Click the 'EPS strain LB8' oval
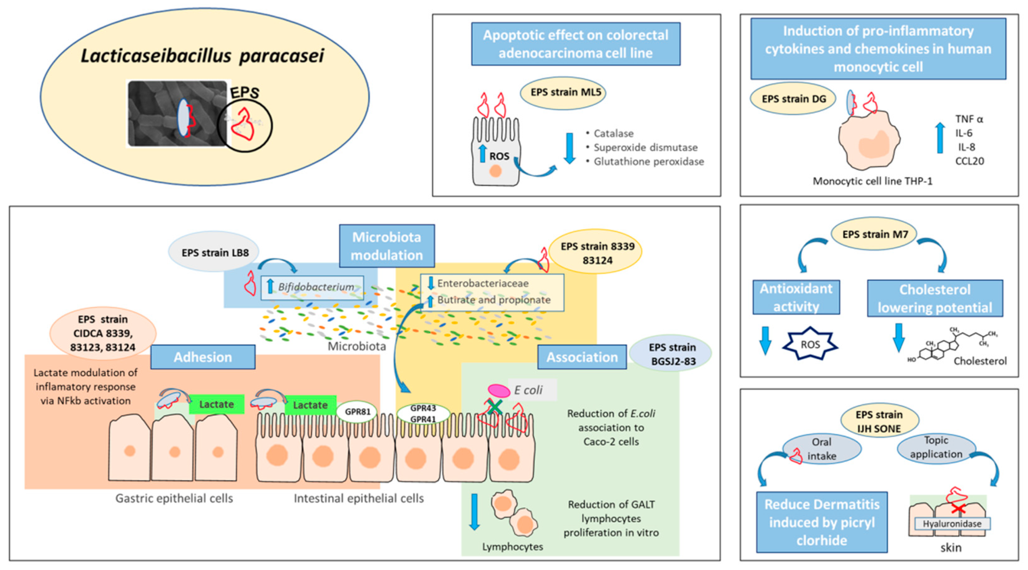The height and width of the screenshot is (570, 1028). (215, 253)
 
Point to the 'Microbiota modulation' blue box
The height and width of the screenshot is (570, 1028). (386, 246)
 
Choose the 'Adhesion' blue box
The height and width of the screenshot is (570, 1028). (203, 357)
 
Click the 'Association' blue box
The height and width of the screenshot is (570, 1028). (582, 357)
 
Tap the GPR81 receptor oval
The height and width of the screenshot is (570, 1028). (357, 412)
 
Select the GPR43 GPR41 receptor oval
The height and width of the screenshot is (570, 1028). (423, 413)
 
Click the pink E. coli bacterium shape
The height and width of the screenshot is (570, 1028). (499, 391)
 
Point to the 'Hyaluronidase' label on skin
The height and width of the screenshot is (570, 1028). (952, 524)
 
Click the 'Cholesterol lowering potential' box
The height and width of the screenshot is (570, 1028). (935, 298)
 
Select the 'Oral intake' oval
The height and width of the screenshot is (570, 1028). (821, 449)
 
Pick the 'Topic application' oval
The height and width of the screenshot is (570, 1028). (936, 448)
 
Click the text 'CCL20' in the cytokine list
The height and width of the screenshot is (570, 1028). (969, 161)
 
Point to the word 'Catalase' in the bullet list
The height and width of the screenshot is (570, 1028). (613, 133)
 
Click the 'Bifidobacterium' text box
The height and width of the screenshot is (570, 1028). (312, 287)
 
